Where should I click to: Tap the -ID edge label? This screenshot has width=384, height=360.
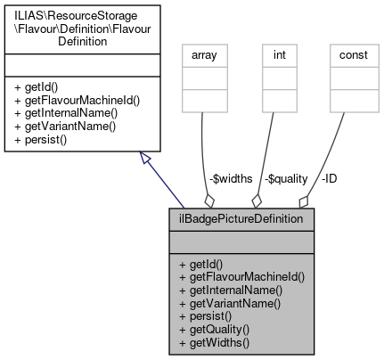tap(329, 178)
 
